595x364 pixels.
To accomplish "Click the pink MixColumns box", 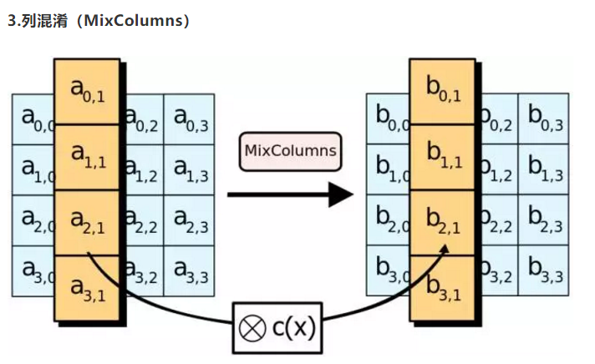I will (290, 150).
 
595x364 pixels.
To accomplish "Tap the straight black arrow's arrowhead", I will (342, 195).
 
